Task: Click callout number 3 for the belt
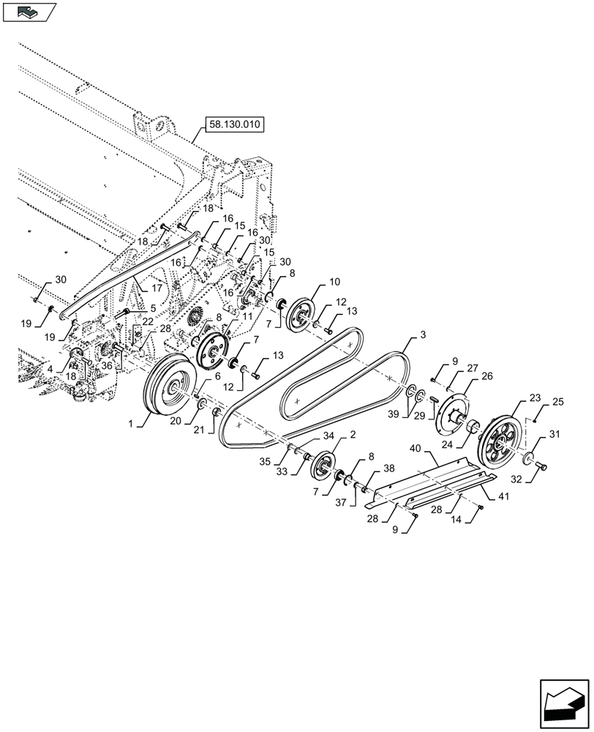[423, 333]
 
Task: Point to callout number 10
[334, 281]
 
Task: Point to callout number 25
[557, 402]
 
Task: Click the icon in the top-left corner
[30, 12]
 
